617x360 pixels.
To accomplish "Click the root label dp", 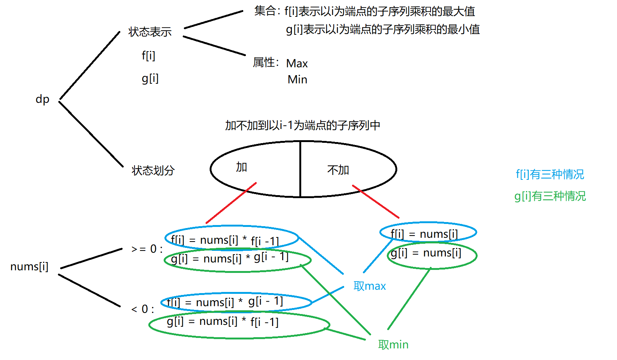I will point(42,99).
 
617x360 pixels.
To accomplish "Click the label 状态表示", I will point(150,32).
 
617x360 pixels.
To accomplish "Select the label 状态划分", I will point(153,171).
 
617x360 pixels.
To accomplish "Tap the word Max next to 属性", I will point(297,64).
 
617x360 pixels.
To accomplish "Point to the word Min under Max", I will point(297,80).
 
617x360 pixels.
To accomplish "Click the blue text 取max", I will point(370,286).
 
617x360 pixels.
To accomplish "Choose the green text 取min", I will point(393,345).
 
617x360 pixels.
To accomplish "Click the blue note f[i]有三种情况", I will point(550,174).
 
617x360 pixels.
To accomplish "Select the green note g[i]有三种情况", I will point(550,196).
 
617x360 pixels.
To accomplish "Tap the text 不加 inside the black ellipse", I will point(338,170).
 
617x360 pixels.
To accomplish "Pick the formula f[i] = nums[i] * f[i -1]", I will point(225,240).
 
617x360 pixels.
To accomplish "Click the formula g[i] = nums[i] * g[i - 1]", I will point(229,258).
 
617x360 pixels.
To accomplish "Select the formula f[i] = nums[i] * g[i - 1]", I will point(225,302).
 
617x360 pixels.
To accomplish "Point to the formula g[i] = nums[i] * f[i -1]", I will point(223,321).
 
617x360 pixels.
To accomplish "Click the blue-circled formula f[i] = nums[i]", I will point(424,234).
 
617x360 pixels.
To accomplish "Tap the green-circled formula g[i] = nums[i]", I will point(426,253).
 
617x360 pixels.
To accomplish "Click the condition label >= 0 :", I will point(147,249).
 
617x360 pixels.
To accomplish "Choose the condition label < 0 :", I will point(143,310).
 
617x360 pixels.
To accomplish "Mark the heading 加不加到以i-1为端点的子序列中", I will point(302,126).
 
